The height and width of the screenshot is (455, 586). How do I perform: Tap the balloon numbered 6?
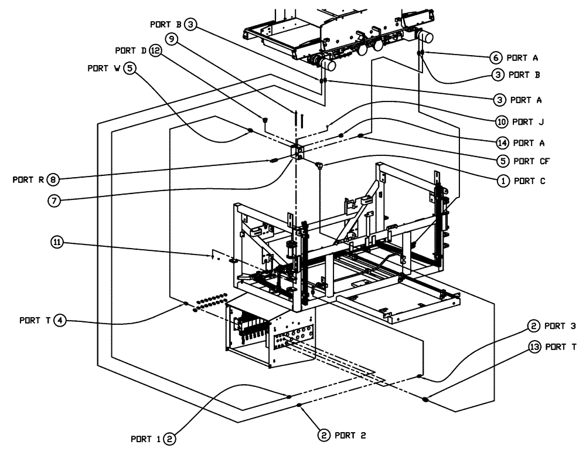pyautogui.click(x=495, y=57)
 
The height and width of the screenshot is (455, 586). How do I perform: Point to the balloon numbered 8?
pyautogui.click(x=54, y=179)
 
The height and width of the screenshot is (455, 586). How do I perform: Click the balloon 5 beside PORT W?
pyautogui.click(x=131, y=68)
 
